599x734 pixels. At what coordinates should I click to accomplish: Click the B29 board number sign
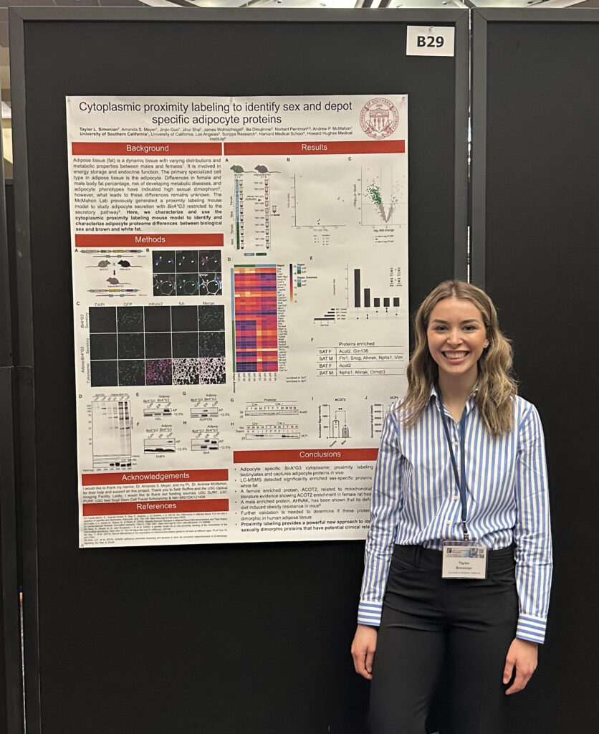(x=430, y=41)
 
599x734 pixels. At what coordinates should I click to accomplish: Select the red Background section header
(x=147, y=148)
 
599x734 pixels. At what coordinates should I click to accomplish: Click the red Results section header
(x=314, y=148)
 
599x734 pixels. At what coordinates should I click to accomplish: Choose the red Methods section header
(x=150, y=239)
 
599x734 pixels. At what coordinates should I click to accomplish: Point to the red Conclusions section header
(x=306, y=455)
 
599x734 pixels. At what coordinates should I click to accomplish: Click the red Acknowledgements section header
(x=155, y=476)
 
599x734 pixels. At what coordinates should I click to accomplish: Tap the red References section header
(x=155, y=505)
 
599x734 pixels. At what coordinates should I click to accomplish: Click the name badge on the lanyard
(x=464, y=559)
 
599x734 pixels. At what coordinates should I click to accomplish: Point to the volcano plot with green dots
(x=379, y=196)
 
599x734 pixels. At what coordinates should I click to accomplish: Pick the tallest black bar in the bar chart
(x=357, y=287)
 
